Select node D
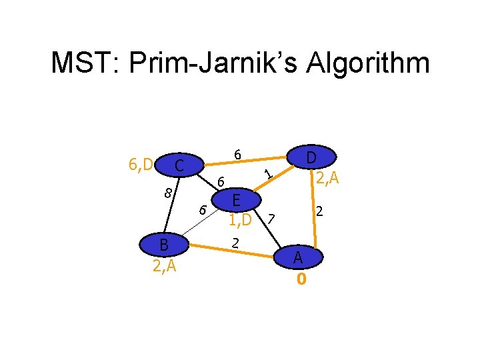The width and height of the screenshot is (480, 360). click(311, 159)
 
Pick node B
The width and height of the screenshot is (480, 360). click(163, 245)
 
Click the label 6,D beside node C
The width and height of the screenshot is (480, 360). click(140, 163)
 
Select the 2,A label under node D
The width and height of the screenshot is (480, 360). click(328, 178)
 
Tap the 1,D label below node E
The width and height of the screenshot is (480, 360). click(239, 219)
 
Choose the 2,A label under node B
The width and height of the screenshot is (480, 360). click(163, 267)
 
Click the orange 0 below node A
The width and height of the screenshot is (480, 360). click(301, 279)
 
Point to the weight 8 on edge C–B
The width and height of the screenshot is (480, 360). click(169, 193)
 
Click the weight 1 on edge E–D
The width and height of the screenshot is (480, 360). click(268, 175)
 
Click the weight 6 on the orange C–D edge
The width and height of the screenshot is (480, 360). click(237, 155)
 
